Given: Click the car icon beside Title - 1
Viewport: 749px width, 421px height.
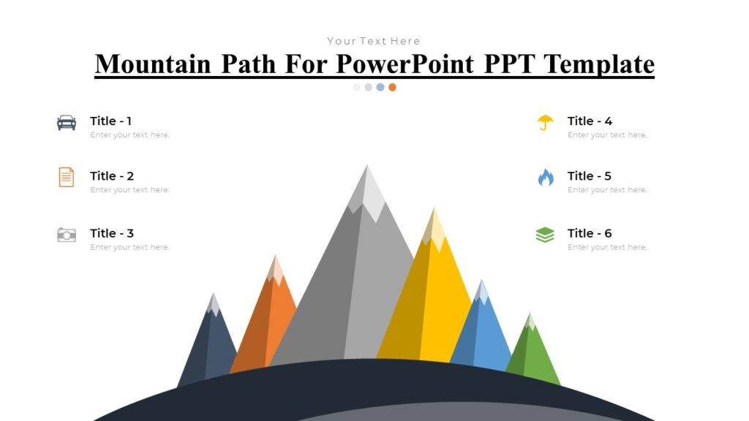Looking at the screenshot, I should pyautogui.click(x=67, y=122).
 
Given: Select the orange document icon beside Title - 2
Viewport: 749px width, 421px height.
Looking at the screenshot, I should pyautogui.click(x=67, y=177).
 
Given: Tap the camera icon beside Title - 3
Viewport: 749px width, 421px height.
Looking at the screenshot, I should pyautogui.click(x=67, y=235).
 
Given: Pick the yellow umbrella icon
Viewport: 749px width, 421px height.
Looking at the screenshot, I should pyautogui.click(x=545, y=122).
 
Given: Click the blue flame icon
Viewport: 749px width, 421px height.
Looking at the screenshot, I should pyautogui.click(x=546, y=177).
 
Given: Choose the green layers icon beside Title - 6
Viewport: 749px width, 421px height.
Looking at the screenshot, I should pyautogui.click(x=545, y=235).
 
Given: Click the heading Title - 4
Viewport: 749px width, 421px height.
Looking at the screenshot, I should pyautogui.click(x=590, y=121).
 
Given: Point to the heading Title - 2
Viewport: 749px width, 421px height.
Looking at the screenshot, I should pyautogui.click(x=112, y=176).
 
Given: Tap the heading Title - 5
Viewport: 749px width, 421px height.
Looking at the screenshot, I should pyautogui.click(x=589, y=176).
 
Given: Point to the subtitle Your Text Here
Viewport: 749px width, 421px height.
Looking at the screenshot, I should pyautogui.click(x=374, y=41).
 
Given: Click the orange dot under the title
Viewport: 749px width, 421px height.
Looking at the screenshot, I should pyautogui.click(x=393, y=87).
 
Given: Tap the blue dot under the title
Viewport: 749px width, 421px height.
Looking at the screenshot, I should pyautogui.click(x=380, y=87).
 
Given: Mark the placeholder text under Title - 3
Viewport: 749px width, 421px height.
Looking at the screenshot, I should pyautogui.click(x=129, y=247).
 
